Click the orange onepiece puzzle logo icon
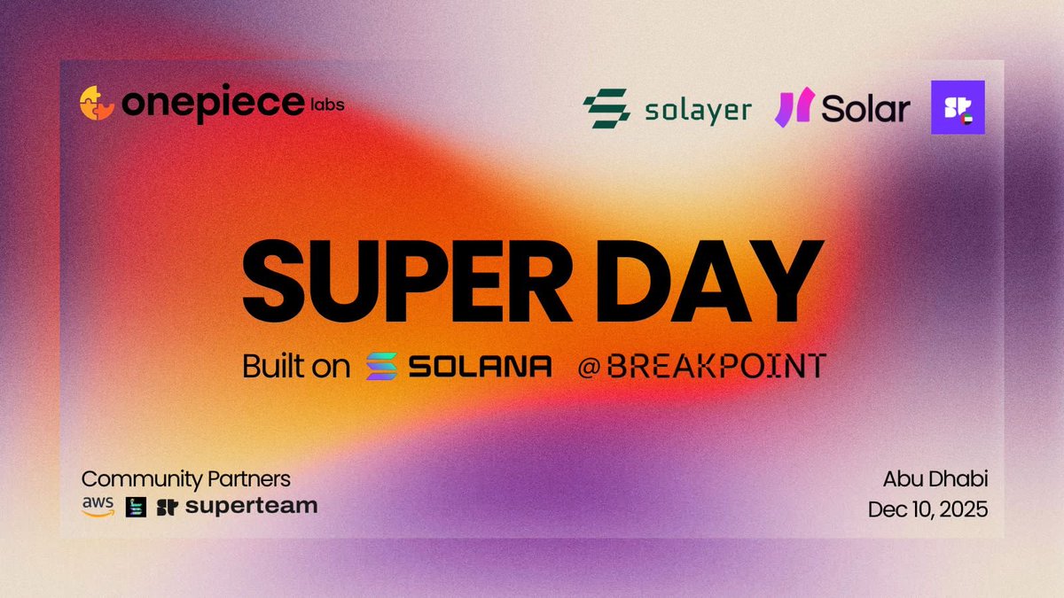pyautogui.click(x=97, y=103)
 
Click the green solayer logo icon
pyautogui.click(x=606, y=108)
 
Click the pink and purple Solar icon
pyautogui.click(x=792, y=108)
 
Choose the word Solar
pyautogui.click(x=865, y=109)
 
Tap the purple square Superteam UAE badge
pyautogui.click(x=958, y=107)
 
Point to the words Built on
pyautogui.click(x=296, y=366)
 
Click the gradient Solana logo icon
pyautogui.click(x=383, y=366)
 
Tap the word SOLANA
pyautogui.click(x=480, y=366)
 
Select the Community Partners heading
pyautogui.click(x=185, y=479)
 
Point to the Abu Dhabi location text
pyautogui.click(x=935, y=479)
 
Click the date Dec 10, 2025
pyautogui.click(x=927, y=510)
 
